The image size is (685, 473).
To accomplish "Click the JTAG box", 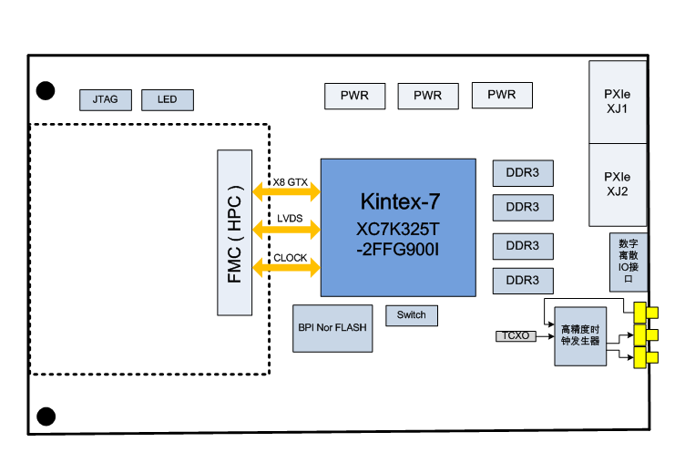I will click(x=106, y=99).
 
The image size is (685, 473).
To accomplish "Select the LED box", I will click(x=167, y=99).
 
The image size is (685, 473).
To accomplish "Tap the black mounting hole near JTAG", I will click(x=46, y=90).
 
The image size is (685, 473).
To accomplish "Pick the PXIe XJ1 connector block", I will click(x=618, y=102).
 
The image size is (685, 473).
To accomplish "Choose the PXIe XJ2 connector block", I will click(x=618, y=184).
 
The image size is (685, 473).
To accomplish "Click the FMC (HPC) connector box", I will click(x=235, y=232).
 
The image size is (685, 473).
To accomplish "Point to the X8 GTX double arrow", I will click(x=287, y=191).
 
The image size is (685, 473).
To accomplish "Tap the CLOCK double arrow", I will click(x=287, y=267).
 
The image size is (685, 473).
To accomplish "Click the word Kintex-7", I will click(x=400, y=201).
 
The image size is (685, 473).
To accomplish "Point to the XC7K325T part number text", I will click(x=398, y=228).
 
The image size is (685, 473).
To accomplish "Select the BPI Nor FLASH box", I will click(x=333, y=327).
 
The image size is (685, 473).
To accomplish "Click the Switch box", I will click(x=412, y=315).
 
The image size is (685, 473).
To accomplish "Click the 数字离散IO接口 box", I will click(x=628, y=262).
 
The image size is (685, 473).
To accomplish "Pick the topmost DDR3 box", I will click(x=523, y=172).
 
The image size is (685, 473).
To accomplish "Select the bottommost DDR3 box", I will click(x=523, y=279).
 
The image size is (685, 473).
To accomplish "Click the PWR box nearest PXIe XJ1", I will click(x=501, y=95).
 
